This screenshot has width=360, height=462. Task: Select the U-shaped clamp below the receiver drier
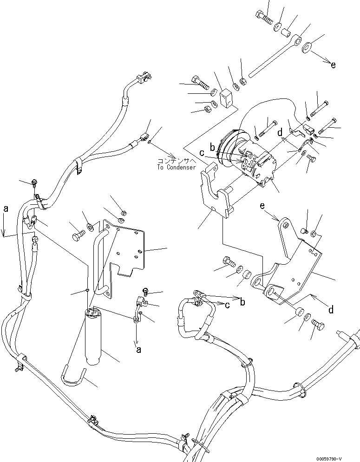(x=76, y=374)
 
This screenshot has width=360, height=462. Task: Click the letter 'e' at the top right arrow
(x=333, y=65)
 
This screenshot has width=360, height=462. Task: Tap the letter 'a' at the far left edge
(x=6, y=209)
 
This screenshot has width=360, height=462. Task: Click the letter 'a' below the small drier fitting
(x=138, y=351)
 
